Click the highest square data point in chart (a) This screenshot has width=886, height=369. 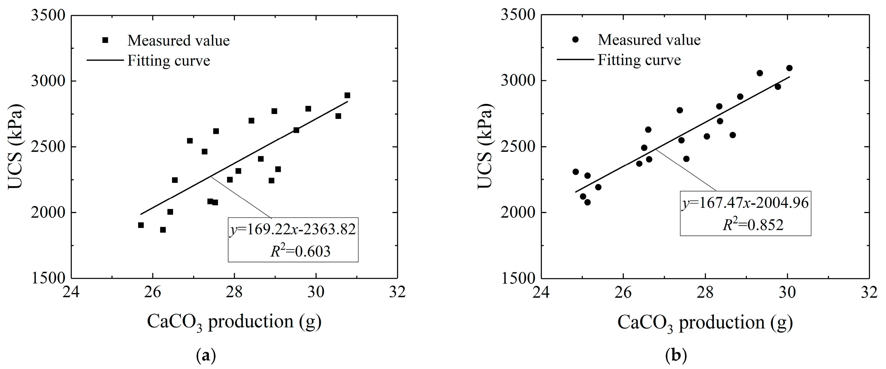pos(347,95)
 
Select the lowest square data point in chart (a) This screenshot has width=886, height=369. pos(163,230)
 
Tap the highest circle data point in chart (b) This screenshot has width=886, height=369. pos(789,68)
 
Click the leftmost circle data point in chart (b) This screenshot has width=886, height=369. pos(576,172)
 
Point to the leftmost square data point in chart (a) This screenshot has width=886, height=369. pos(141,225)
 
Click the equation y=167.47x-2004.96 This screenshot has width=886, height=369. pos(745,203)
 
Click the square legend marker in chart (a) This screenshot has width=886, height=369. pos(105,40)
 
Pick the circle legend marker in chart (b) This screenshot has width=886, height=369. pos(575,40)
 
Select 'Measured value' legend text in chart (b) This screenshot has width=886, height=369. pos(649,40)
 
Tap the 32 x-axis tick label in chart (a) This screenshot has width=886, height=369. pos(398,292)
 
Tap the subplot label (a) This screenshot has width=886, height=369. pos(206,355)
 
